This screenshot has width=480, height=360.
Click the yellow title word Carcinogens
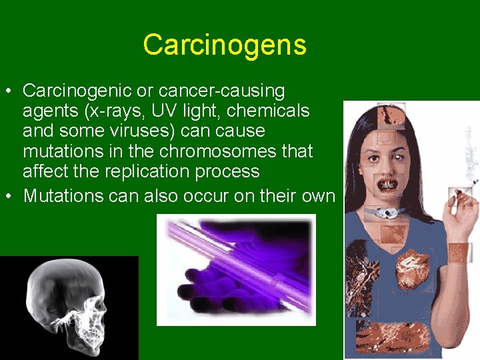click(225, 45)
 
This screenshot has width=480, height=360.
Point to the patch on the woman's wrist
click(459, 252)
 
